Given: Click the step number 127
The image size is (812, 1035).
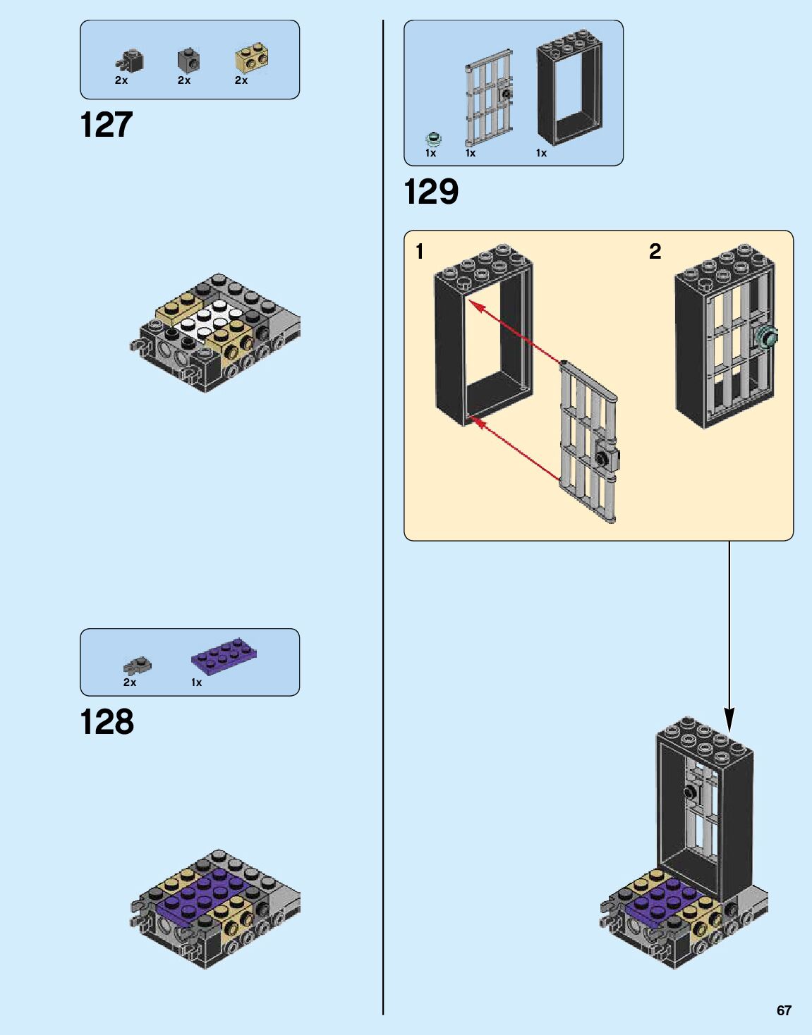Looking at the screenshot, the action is point(107,125).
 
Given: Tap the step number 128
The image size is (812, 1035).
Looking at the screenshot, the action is point(107,721).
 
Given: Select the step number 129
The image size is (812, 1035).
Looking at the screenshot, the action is point(431,192).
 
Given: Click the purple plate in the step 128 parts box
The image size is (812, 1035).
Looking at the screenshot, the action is point(225,656).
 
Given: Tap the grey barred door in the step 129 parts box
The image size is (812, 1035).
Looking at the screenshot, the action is point(489,98).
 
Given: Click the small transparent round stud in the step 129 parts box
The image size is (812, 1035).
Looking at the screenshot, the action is point(433,139).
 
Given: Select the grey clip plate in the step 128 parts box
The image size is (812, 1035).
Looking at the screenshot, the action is point(138,664).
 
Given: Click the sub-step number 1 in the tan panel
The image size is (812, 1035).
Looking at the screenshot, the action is point(419,252).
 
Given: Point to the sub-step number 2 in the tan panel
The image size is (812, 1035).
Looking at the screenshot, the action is point(655,252).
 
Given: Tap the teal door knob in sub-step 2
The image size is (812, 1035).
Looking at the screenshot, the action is point(767,338).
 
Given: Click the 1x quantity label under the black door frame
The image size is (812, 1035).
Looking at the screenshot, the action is point(541,153).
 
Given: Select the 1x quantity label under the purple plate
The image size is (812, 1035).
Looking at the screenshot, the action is point(196,682).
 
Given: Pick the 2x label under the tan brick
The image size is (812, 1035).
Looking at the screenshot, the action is point(241,80).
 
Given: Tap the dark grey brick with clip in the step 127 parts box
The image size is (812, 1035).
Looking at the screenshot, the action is point(130,61).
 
